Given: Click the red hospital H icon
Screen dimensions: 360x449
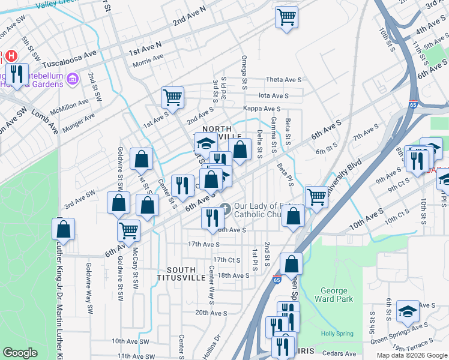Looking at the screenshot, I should pos(11,57).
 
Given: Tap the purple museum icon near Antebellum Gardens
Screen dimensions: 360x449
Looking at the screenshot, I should pos(73,79).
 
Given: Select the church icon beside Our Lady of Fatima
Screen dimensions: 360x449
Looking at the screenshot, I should pos(225,209).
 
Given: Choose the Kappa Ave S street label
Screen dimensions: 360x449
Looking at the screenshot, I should pos(262,109).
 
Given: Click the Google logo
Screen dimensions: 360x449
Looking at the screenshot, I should pos(20,353).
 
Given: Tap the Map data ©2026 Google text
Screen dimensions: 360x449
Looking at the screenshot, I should pos(411,355).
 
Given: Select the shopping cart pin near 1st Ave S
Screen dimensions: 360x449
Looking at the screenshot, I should pos(172,97).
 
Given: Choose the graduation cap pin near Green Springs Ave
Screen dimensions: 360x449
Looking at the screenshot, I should pos(408,311).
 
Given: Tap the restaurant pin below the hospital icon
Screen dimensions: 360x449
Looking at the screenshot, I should pos(16,74).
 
